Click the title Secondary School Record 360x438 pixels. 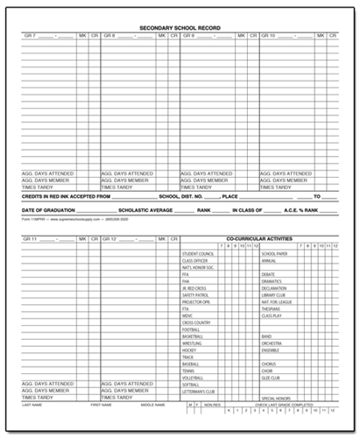180,27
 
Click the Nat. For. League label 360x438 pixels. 278,302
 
